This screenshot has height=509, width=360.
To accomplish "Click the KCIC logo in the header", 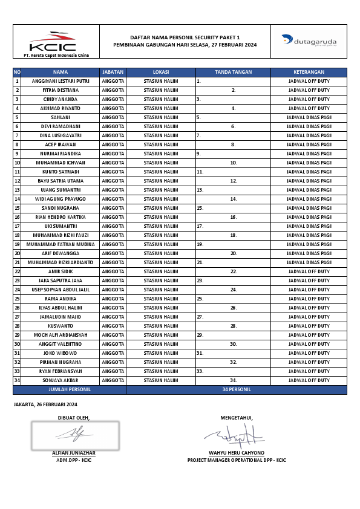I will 53,42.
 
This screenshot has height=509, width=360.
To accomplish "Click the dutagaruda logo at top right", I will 309,42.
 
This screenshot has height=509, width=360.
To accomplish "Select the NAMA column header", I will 61,72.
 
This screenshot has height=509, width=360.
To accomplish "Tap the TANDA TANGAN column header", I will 233,72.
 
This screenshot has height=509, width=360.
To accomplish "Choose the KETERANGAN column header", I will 309,72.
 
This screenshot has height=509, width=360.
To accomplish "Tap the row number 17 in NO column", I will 17,226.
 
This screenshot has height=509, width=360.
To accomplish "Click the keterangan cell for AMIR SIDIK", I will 309,271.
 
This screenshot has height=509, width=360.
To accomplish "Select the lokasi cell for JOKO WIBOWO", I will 160,353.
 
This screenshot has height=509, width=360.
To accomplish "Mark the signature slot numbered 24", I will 233,290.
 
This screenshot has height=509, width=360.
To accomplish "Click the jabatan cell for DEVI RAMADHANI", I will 113,126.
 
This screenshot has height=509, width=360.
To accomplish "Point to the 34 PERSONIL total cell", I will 237,390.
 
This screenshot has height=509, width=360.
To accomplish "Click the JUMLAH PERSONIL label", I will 70,390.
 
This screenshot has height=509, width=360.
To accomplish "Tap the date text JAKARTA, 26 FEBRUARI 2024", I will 45,404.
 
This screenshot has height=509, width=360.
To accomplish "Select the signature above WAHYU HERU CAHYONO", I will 233,435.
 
